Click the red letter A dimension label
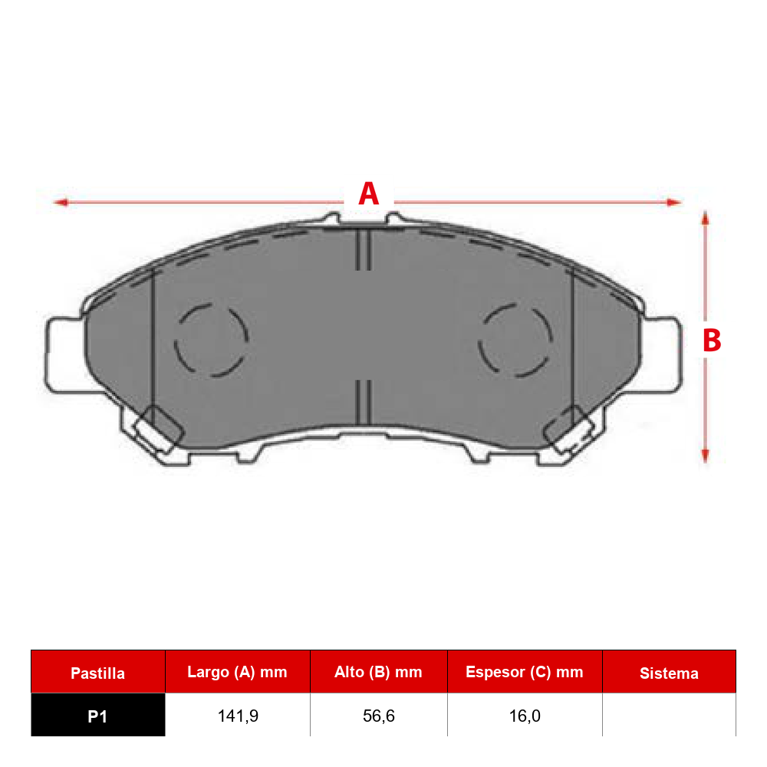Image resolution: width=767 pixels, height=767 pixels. [369, 194]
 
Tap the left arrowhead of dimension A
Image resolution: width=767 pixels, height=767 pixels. [61, 202]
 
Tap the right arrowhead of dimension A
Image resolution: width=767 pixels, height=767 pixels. [674, 202]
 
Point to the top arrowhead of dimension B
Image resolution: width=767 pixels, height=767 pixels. [705, 218]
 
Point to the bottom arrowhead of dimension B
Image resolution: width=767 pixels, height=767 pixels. [705, 456]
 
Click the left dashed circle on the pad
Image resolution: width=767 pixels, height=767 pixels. [212, 340]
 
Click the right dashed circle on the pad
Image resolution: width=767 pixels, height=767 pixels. [515, 340]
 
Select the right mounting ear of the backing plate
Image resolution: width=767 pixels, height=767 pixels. [661, 354]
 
